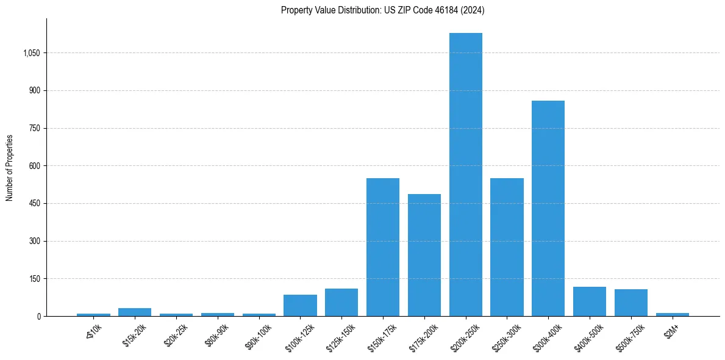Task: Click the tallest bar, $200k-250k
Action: click(466, 175)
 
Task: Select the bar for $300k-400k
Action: click(548, 208)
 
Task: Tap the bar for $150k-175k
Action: click(383, 247)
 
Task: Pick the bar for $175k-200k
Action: click(424, 255)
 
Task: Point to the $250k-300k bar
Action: click(507, 247)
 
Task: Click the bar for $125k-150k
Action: click(341, 303)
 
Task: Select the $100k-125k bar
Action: click(300, 306)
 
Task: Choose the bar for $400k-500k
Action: click(590, 301)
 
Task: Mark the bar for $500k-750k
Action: click(631, 303)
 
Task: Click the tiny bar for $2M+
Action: click(673, 314)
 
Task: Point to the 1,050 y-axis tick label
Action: click(31, 53)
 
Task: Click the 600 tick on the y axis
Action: click(34, 166)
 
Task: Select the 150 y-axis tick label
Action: click(34, 279)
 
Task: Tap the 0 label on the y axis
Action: click(38, 317)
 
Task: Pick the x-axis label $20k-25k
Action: click(176, 334)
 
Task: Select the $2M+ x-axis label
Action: click(671, 330)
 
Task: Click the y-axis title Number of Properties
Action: click(10, 168)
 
